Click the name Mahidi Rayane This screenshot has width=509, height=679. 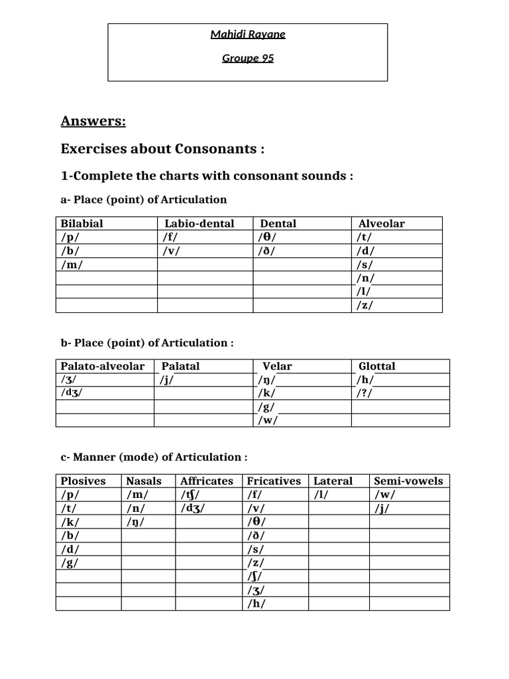coord(247,34)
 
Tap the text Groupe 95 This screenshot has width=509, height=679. coord(247,58)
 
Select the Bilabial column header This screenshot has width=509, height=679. coord(82,223)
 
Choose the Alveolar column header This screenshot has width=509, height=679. coord(381,223)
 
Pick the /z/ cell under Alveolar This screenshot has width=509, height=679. coord(365,305)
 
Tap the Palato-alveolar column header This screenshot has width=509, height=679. coord(103,366)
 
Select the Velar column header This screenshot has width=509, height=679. coord(277,366)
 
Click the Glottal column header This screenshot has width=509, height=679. coord(376,366)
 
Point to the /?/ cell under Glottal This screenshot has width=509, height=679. coord(366,393)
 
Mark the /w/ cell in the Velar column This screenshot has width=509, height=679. coord(268,420)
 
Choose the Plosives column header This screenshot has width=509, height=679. coord(83,481)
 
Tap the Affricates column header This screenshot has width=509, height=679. coord(207,481)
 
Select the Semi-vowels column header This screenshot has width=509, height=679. coord(408,481)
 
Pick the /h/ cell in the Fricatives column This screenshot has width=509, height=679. coord(256,603)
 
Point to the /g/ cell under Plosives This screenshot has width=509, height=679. coord(70,562)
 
